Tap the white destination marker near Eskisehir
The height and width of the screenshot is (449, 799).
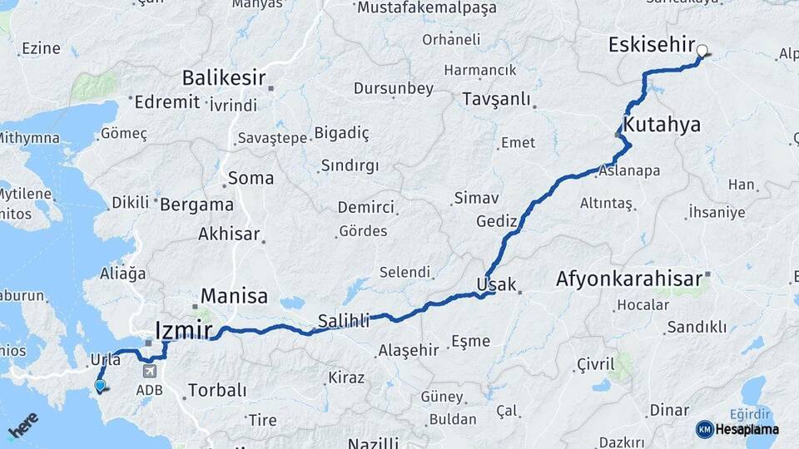point(702,51)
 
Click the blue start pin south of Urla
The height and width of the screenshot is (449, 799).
point(100,385)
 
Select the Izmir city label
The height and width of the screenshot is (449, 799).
point(184,330)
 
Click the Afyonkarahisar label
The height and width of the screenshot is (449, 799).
point(629,279)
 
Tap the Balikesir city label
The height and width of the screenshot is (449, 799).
point(223,78)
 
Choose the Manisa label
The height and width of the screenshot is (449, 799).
point(234,295)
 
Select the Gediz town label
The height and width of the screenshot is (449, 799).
point(497,221)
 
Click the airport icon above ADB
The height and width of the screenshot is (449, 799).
point(149,372)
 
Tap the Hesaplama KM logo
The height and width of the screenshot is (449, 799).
point(737,429)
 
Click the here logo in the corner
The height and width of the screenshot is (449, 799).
point(23,425)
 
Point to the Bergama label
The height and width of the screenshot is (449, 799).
point(196,204)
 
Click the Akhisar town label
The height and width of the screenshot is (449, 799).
point(229,234)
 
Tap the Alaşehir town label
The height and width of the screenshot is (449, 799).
point(408,350)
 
